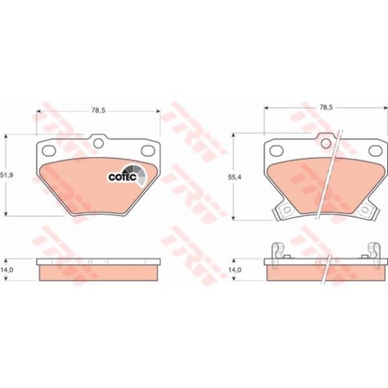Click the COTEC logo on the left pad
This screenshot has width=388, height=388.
point(127,175)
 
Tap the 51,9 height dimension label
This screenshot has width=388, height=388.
point(7,175)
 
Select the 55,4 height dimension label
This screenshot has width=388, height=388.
point(234,177)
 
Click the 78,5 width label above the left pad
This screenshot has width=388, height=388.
point(98,111)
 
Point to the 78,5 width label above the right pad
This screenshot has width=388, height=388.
point(326,107)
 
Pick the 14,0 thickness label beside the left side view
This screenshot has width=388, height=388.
point(7,270)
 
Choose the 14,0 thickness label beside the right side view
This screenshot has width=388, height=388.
point(235,270)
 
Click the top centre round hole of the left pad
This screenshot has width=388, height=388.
point(99,143)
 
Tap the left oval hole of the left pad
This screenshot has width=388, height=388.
point(48,151)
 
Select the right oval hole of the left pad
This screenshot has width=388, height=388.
point(147,151)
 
